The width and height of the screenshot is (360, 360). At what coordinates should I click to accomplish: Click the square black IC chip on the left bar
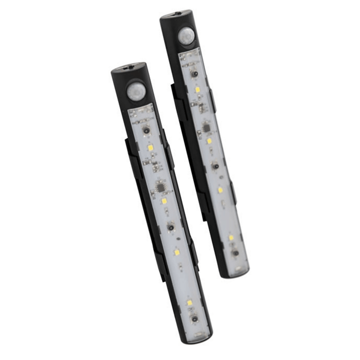[160, 185]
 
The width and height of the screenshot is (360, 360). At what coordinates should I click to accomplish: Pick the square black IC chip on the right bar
[205, 128]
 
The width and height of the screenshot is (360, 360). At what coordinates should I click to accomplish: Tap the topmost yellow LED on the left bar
[150, 148]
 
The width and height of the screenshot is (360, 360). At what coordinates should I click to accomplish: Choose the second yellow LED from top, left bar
[164, 200]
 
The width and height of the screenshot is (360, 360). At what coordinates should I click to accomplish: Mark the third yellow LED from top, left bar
[177, 252]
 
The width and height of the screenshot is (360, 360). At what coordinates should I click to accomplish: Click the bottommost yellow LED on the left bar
[189, 303]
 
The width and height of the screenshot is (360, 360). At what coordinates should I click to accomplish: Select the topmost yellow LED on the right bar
[197, 89]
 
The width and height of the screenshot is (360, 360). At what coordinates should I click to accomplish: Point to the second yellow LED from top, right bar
[209, 140]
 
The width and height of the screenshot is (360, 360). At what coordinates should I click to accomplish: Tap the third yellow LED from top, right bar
[220, 189]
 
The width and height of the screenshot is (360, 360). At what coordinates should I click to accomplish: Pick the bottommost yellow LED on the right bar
[231, 237]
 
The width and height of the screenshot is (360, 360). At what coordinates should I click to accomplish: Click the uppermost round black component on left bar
[146, 130]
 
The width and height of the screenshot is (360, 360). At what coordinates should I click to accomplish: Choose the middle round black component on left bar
[170, 227]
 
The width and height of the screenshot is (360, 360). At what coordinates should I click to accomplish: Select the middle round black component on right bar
[215, 165]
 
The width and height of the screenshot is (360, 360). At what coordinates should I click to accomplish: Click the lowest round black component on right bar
[234, 253]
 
